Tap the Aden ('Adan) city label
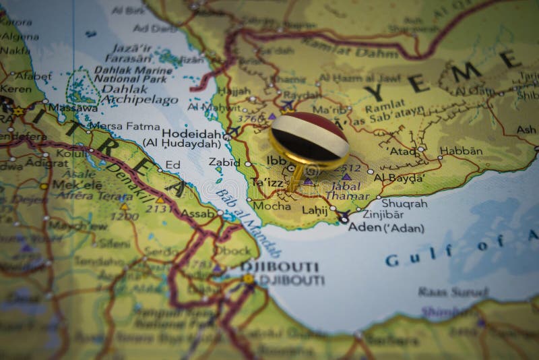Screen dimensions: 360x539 point(386,228)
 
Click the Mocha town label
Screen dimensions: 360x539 point(272,206)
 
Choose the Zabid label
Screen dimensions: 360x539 point(225,162)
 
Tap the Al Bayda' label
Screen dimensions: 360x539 point(399,178)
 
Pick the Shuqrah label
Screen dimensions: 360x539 point(404,202)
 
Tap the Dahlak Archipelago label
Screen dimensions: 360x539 point(124,94)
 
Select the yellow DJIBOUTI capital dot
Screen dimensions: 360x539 point(249,278)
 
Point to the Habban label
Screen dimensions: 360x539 point(461,150)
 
